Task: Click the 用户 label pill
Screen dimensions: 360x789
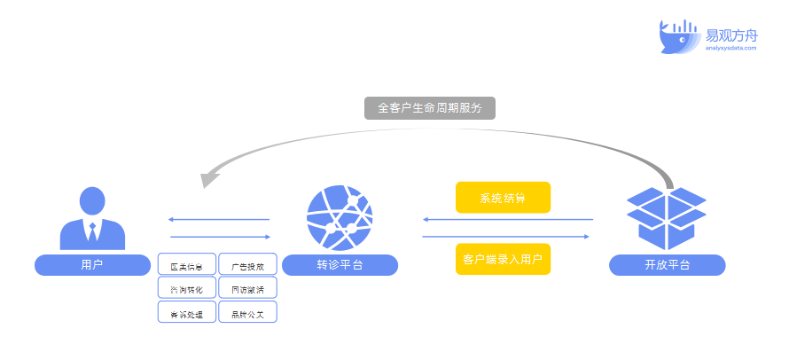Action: (92, 264)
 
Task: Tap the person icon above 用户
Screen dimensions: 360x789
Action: (92, 218)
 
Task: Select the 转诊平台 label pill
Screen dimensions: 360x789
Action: (340, 264)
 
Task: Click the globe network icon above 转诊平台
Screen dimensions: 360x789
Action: (340, 217)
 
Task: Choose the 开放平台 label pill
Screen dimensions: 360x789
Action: (668, 264)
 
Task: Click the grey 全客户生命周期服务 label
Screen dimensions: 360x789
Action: (430, 108)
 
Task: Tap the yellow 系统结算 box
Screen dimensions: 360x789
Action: (503, 198)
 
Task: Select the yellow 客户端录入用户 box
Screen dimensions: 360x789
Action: (503, 259)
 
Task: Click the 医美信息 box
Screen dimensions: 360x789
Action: (186, 266)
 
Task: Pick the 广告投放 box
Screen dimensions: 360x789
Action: (247, 266)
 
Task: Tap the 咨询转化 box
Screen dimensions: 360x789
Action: (186, 289)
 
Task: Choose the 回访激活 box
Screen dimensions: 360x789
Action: (247, 289)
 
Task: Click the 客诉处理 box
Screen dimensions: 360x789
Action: (186, 313)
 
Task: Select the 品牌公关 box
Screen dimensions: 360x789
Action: (247, 313)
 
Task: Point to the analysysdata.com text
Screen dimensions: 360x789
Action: (731, 48)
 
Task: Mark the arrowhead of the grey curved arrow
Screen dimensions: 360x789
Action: (209, 178)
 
